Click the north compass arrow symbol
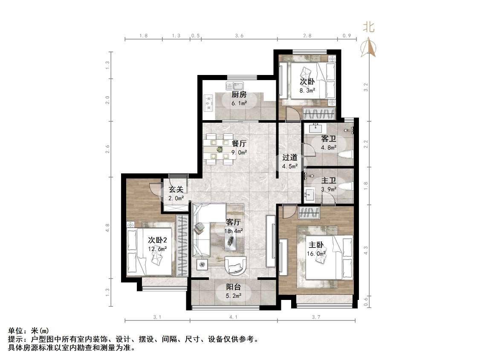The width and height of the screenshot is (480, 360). (369, 47)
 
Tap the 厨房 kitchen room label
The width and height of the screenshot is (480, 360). (239, 95)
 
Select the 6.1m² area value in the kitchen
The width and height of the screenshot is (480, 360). (239, 104)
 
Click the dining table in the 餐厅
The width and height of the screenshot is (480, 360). (220, 149)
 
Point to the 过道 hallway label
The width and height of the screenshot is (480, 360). (289, 157)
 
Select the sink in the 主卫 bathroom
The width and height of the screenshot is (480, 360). (309, 195)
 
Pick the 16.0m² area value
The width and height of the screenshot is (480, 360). (316, 253)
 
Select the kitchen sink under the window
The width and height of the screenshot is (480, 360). (234, 85)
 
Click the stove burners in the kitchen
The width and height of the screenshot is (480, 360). (209, 103)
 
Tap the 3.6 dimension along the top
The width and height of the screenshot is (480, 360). (239, 36)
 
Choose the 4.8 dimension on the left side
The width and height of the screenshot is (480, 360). (108, 228)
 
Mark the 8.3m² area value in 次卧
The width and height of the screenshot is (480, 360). (307, 90)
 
